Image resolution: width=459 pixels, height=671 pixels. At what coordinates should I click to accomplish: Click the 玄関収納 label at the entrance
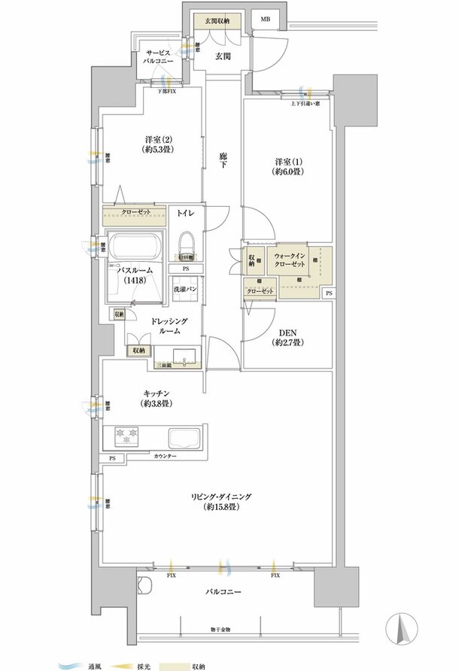211,21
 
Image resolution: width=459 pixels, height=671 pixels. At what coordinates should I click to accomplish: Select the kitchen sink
184,437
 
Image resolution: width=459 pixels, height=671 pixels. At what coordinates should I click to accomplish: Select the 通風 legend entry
84,663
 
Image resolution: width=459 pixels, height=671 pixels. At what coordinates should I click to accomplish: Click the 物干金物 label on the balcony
220,628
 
